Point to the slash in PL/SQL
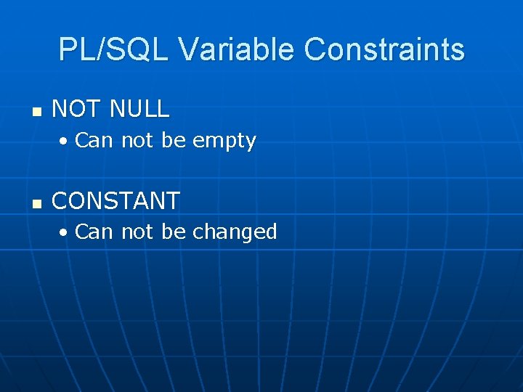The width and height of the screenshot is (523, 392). click(97, 49)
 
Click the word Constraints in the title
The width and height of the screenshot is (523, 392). click(384, 49)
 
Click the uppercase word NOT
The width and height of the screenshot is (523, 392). click(77, 109)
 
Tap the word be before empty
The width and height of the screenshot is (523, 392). click(174, 140)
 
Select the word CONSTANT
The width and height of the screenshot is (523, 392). click(116, 200)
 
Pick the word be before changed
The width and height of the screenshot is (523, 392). click(174, 232)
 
